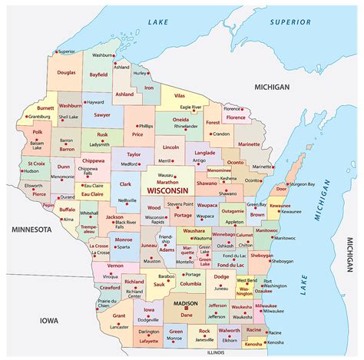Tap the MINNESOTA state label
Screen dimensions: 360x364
click(x=25, y=230)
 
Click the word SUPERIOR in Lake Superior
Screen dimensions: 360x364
click(x=290, y=22)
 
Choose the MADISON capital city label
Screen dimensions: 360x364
click(x=185, y=303)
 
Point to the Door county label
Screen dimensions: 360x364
click(x=281, y=167)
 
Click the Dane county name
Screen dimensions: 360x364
click(x=186, y=314)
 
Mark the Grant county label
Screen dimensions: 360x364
click(x=118, y=315)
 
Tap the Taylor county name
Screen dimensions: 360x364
click(x=134, y=154)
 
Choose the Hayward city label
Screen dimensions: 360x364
click(x=94, y=101)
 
